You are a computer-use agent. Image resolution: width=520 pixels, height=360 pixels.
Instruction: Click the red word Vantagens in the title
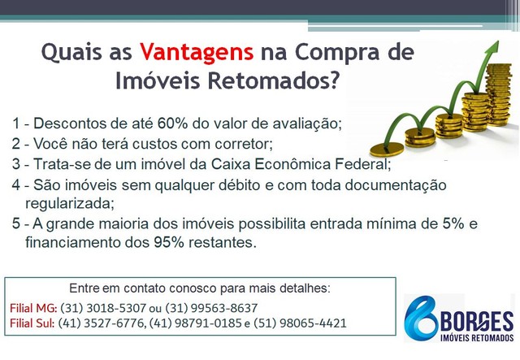(x=197, y=53)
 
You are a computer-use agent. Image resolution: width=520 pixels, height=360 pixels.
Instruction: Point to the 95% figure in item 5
(x=169, y=242)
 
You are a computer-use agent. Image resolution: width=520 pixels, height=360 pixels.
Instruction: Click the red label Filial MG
(x=32, y=308)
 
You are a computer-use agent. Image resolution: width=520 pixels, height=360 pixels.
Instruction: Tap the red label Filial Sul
(x=32, y=323)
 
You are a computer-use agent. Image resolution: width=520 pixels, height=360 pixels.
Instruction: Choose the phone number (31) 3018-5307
(x=103, y=308)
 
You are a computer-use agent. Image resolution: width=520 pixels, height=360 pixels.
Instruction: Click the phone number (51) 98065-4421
(x=300, y=323)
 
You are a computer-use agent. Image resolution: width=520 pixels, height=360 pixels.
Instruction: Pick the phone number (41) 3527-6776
(x=101, y=323)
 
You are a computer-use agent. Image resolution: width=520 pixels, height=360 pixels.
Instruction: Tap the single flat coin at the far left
(x=387, y=149)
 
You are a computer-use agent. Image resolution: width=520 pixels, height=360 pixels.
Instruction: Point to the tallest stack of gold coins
(x=498, y=94)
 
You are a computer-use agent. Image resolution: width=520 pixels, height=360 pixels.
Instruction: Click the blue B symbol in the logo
(x=421, y=319)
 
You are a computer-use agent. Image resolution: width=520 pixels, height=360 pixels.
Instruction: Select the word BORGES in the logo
(x=477, y=321)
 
